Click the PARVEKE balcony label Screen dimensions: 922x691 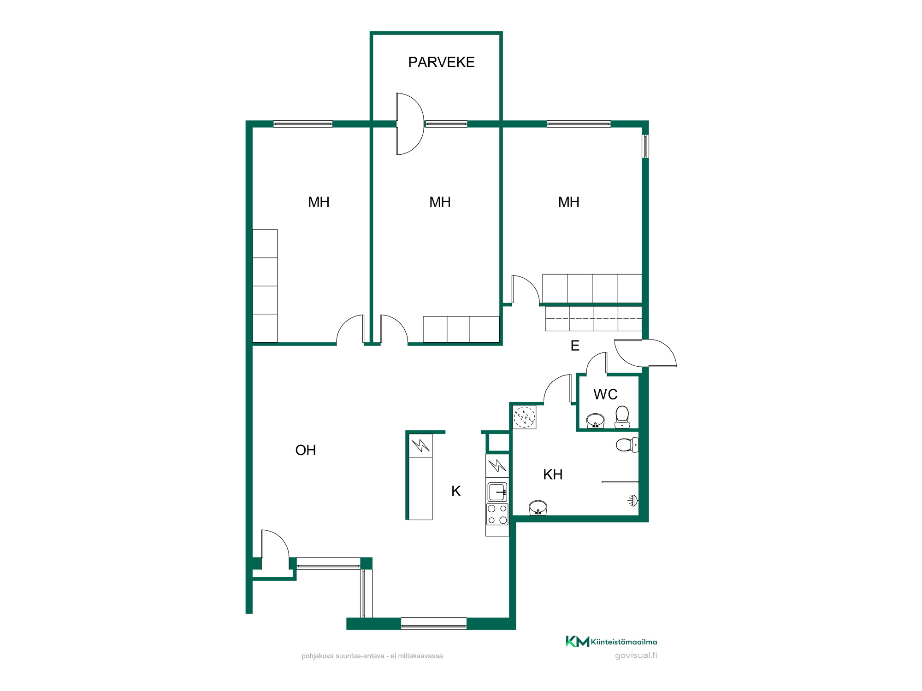point(441,62)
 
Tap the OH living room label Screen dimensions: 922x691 point(306,450)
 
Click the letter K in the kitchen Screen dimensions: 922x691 point(456,491)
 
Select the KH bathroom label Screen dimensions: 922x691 point(553,474)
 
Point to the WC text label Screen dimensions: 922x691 point(605,394)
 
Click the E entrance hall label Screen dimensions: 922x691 point(575,345)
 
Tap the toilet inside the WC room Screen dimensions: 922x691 point(622,417)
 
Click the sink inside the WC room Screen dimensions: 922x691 point(595,421)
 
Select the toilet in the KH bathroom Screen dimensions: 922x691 point(627,445)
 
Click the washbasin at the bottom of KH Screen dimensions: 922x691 point(538,508)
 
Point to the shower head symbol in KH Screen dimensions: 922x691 point(633,500)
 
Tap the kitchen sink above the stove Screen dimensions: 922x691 point(497,492)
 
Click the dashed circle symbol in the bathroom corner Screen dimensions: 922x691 point(524,417)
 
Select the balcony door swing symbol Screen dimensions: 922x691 point(409,124)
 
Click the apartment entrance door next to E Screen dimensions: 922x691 point(645,353)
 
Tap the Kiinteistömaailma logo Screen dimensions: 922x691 point(611,641)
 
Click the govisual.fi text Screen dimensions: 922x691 point(636,656)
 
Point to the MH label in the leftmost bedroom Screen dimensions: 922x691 point(319,202)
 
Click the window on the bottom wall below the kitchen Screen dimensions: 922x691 point(434,623)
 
